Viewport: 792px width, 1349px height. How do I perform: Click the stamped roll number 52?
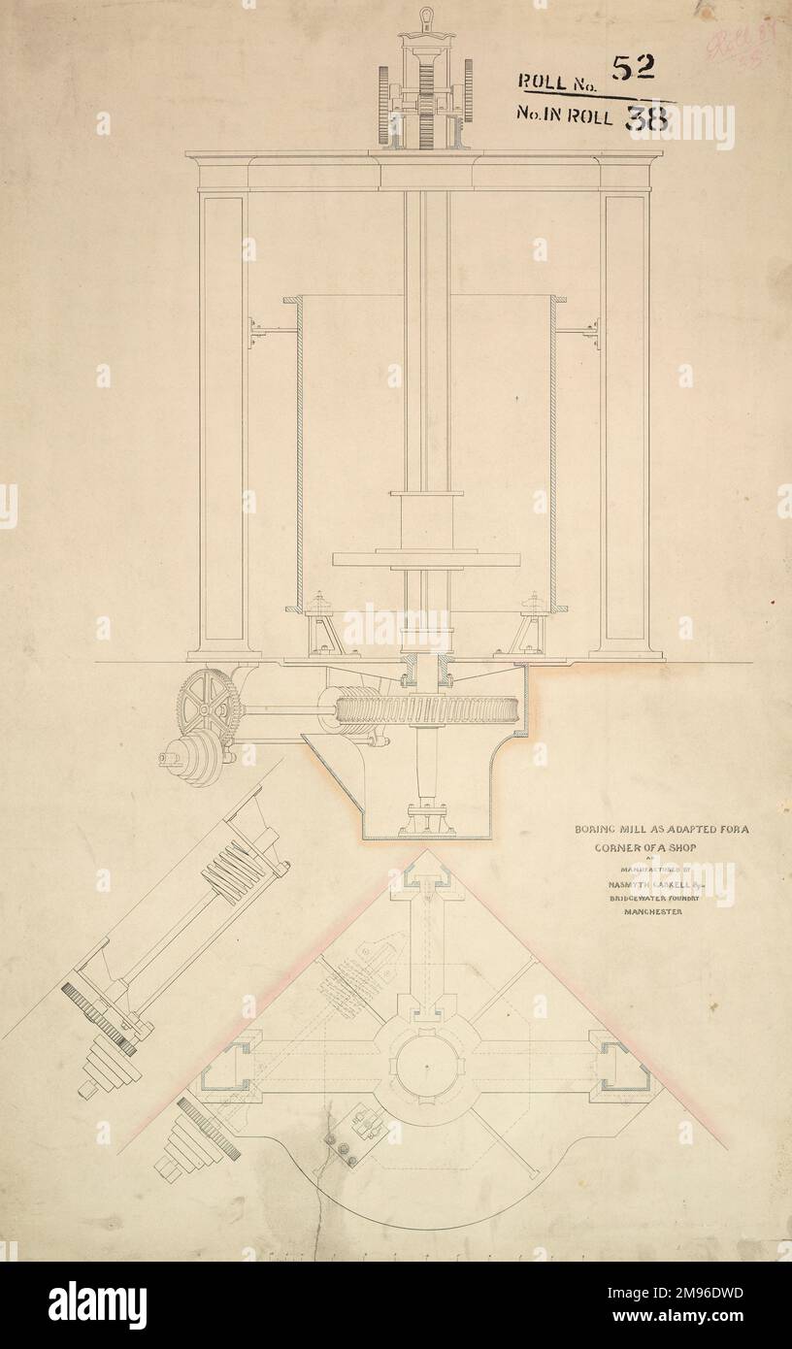point(633,67)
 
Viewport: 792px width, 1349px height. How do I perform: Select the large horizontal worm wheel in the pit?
point(427,709)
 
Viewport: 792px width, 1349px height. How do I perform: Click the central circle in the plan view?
point(427,1066)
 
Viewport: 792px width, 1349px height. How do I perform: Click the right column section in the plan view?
point(625,1066)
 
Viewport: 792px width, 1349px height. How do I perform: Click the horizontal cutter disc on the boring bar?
point(426,559)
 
